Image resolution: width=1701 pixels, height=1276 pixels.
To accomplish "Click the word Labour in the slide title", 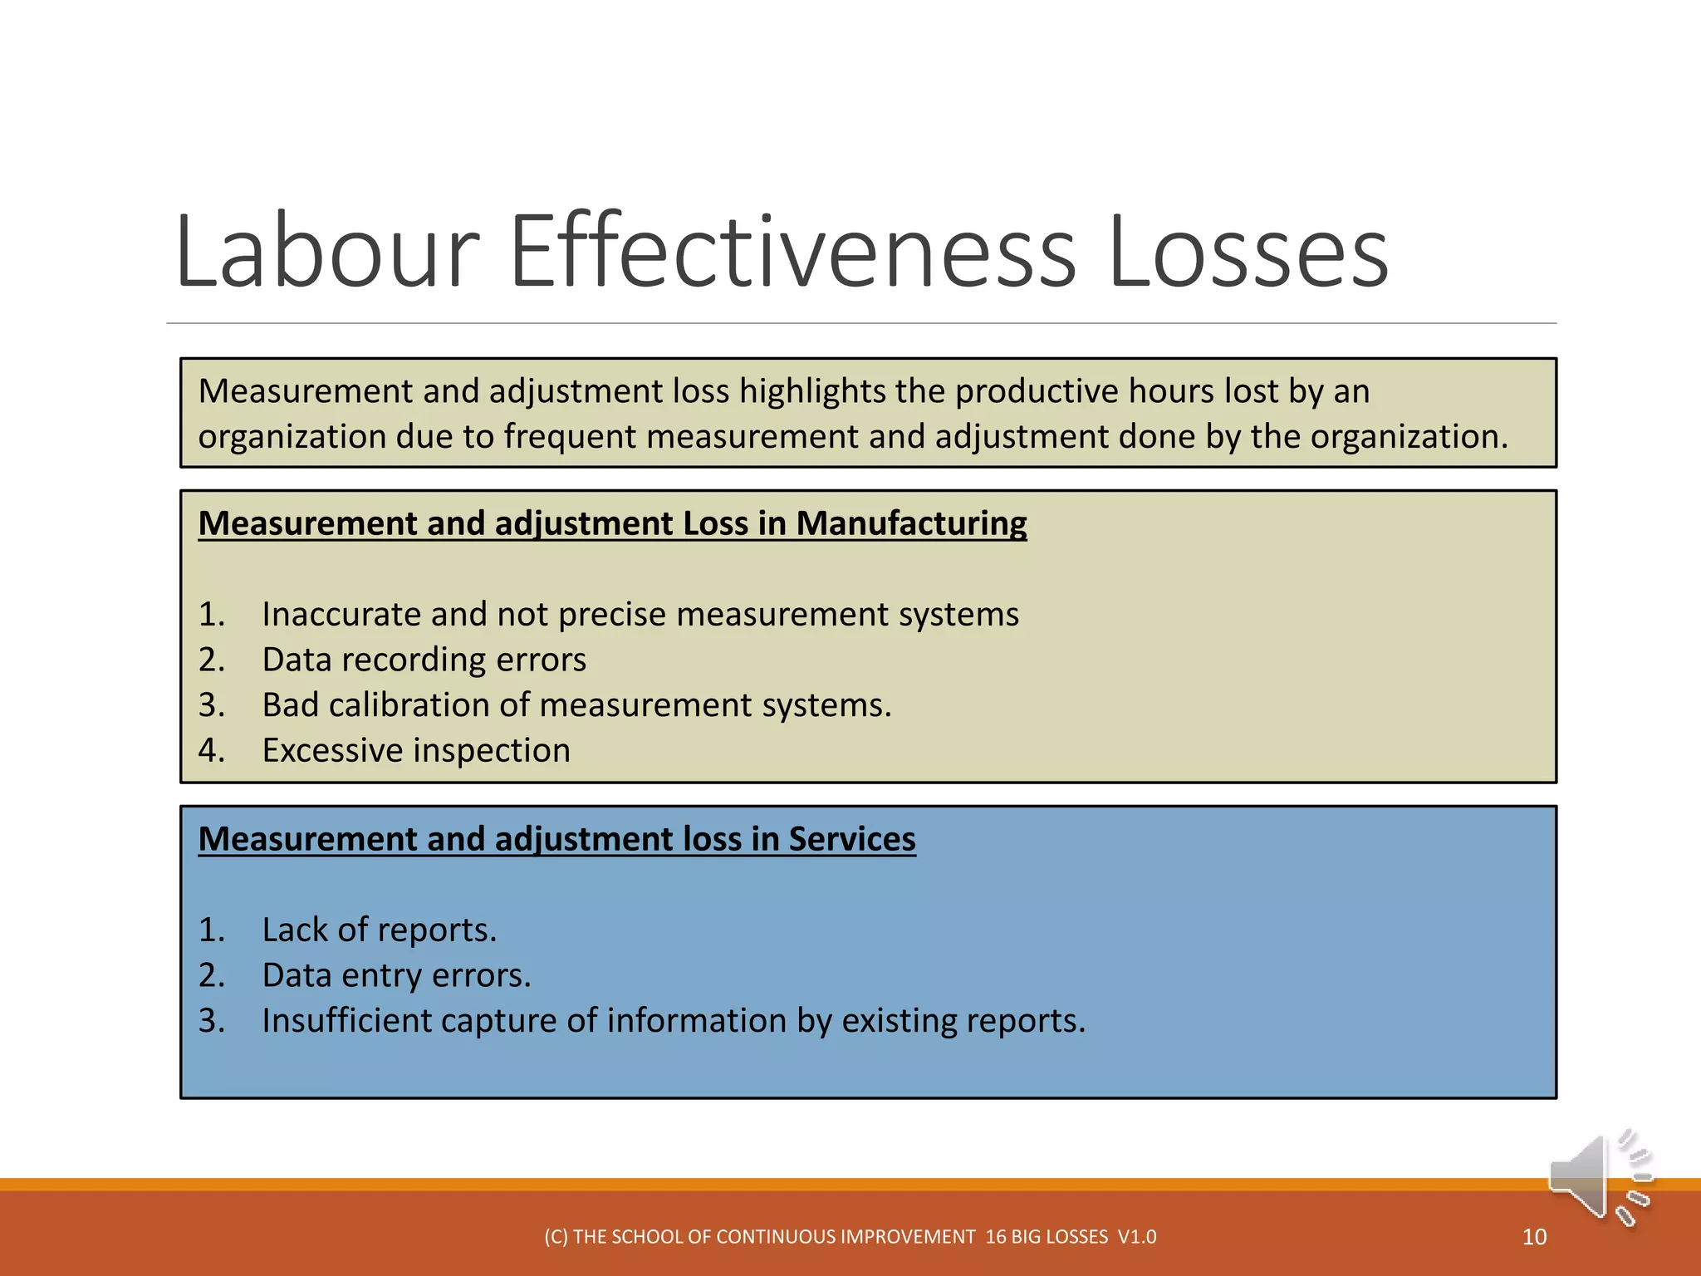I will (x=327, y=251).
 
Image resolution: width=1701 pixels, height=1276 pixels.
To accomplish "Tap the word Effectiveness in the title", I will (x=792, y=251).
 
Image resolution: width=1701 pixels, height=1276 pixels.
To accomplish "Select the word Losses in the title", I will (x=1248, y=251).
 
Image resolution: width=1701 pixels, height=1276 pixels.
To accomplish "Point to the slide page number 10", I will (x=1534, y=1237).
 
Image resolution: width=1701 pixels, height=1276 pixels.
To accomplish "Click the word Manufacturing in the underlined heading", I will (x=911, y=523).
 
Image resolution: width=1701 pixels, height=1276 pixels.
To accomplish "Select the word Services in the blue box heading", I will (x=852, y=839).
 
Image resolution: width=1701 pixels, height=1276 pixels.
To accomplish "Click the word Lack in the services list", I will (x=295, y=930).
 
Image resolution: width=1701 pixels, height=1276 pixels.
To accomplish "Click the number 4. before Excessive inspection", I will (x=211, y=751).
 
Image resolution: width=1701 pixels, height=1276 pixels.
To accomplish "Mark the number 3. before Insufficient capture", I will (x=211, y=1021).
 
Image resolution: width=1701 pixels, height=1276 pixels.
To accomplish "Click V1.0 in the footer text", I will (x=1137, y=1237).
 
